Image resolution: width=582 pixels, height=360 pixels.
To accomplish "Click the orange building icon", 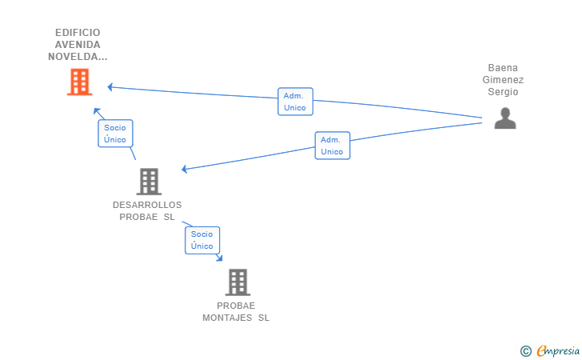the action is (x=79, y=82).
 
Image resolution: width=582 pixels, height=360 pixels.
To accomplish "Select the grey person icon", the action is (x=505, y=118).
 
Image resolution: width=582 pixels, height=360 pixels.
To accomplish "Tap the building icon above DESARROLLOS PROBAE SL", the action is (x=149, y=182).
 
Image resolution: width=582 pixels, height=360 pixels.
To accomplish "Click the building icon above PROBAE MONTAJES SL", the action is (x=237, y=282).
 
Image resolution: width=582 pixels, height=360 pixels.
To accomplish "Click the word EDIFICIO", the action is (x=78, y=33).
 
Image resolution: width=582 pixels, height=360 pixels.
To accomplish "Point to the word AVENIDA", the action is (x=78, y=45).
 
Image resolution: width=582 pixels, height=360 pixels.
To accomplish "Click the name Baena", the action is (x=503, y=68).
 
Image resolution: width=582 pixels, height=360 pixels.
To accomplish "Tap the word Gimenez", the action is (x=503, y=79).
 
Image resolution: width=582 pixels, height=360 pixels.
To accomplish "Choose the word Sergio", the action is (x=503, y=91).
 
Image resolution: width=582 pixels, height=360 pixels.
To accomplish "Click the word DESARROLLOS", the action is (x=147, y=205).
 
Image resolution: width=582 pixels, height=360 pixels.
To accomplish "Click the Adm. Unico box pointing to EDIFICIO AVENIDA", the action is (x=296, y=102).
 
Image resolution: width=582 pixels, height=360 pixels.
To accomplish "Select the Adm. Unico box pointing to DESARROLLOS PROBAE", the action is (x=333, y=146).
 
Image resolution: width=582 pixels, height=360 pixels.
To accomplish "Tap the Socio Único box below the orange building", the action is (x=115, y=134).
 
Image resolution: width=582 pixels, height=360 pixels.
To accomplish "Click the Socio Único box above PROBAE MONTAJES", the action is (x=202, y=240).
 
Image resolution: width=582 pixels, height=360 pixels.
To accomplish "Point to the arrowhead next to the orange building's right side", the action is (x=110, y=87).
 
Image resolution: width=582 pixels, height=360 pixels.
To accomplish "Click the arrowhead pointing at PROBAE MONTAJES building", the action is (x=220, y=258).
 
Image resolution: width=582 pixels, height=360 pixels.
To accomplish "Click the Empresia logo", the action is (x=558, y=350).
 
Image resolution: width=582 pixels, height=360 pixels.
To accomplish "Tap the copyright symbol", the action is (x=525, y=351).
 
